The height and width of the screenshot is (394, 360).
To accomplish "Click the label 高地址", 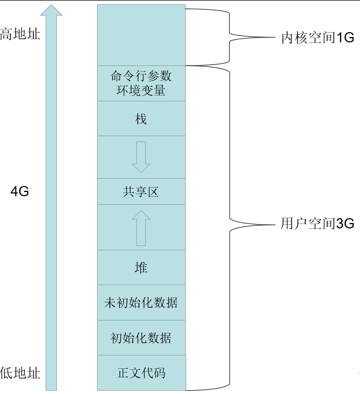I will [x=20, y=35].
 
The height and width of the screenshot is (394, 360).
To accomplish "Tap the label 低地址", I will [x=20, y=373].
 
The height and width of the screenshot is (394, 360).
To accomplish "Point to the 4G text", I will [x=20, y=191].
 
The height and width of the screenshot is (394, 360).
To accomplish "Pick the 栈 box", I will [x=141, y=118].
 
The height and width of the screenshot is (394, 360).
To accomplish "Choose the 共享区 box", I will [x=141, y=191].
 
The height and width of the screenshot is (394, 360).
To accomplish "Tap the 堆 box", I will [x=141, y=267].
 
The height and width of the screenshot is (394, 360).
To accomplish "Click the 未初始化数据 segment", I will [x=141, y=303].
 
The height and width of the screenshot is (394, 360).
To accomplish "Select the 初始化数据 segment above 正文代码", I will [x=141, y=338].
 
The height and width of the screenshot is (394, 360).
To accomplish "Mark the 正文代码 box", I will [x=141, y=373].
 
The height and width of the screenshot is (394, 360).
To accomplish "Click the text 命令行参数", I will [x=141, y=76].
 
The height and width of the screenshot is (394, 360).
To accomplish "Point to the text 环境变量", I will [x=141, y=90].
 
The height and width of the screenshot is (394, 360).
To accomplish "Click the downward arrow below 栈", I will [x=141, y=157].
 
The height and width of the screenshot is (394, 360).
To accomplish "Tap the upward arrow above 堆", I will [x=141, y=227].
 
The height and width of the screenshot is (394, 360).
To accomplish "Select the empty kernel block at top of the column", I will [x=141, y=35].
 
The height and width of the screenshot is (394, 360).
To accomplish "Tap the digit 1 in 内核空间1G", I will [x=340, y=38].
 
